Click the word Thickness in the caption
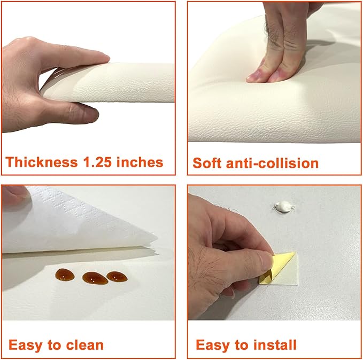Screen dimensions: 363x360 click(42, 162)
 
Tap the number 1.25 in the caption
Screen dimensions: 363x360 click(97, 162)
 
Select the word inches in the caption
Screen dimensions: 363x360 click(140, 162)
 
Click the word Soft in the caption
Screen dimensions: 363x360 click(207, 163)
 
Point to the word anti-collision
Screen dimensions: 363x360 click(273, 163)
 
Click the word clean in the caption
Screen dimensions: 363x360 click(84, 346)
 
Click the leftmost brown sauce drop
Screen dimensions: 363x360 click(65, 275)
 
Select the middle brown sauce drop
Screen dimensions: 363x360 click(95, 278)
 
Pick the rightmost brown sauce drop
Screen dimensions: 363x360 click(117, 277)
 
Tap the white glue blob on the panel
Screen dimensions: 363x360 click(284, 206)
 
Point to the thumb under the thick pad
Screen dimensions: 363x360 click(76, 113)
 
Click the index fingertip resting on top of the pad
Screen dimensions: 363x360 click(99, 57)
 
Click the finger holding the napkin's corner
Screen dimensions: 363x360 click(14, 194)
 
